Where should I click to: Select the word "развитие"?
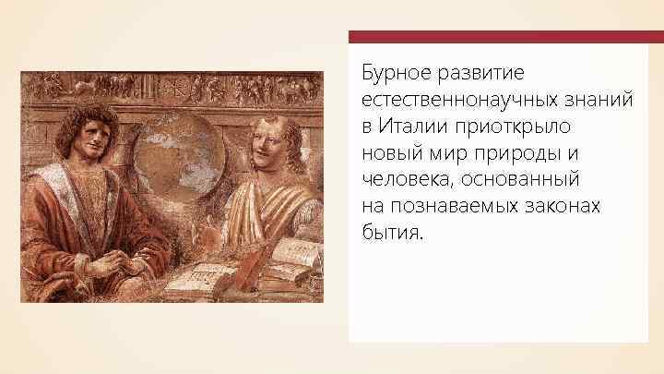tap(488, 71)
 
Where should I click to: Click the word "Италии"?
tap(411, 124)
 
